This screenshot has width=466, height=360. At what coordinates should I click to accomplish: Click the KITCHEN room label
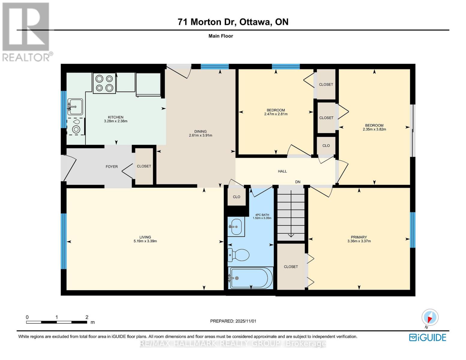pyautogui.click(x=116, y=117)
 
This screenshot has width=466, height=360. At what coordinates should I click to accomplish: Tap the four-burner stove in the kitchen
pyautogui.click(x=104, y=83)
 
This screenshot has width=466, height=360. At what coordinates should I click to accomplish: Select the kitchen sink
pyautogui.click(x=75, y=106)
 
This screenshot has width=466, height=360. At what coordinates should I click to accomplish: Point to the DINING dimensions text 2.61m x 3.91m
pyautogui.click(x=200, y=135)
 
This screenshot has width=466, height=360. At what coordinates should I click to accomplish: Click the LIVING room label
pyautogui.click(x=145, y=237)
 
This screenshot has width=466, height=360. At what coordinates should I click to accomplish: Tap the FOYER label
pyautogui.click(x=112, y=166)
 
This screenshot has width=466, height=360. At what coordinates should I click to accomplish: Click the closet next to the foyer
pyautogui.click(x=144, y=166)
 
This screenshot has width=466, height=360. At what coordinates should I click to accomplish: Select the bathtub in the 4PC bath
pyautogui.click(x=251, y=278)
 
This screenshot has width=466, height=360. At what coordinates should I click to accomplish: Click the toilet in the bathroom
pyautogui.click(x=239, y=255)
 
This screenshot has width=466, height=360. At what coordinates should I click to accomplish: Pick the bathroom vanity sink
pyautogui.click(x=236, y=226)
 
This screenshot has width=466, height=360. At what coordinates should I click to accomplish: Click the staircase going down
pyautogui.click(x=291, y=213)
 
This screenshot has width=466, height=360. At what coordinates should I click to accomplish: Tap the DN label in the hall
pyautogui.click(x=298, y=182)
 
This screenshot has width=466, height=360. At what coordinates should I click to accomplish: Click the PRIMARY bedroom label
pyautogui.click(x=359, y=237)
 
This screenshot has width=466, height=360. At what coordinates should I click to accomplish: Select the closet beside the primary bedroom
pyautogui.click(x=291, y=266)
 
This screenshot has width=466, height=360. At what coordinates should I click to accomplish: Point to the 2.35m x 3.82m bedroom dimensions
pyautogui.click(x=374, y=129)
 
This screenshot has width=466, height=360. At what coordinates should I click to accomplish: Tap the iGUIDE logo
pyautogui.click(x=428, y=337)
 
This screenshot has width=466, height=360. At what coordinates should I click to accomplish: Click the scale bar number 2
pyautogui.click(x=87, y=317)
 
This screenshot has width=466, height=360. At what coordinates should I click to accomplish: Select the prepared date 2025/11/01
pyautogui.click(x=245, y=321)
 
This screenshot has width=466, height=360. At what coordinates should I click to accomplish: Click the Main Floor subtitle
pyautogui.click(x=221, y=36)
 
